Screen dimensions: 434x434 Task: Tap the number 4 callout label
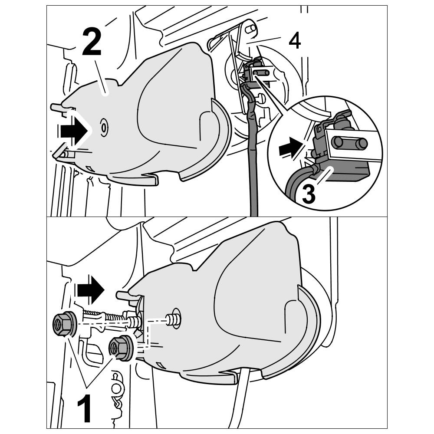(294, 41)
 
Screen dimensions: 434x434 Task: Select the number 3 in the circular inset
(309, 194)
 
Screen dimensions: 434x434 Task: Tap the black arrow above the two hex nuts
(90, 290)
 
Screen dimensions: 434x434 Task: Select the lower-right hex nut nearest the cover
(120, 347)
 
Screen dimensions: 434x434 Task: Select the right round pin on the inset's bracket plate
(362, 142)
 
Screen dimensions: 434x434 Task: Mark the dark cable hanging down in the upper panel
(252, 165)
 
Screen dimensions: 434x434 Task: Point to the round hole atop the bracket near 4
(250, 29)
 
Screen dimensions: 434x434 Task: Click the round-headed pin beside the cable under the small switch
(260, 98)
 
